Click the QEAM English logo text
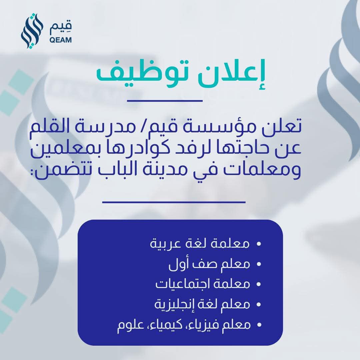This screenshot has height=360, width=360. tap(60, 40)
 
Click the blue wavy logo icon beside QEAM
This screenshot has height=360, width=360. tap(32, 31)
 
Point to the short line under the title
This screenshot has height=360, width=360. tap(165, 100)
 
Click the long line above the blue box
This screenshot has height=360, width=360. tap(174, 202)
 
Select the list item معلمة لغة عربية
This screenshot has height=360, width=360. tap(200, 243)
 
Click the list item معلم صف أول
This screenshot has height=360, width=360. tap(209, 264)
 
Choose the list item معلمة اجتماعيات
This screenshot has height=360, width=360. tap(203, 284)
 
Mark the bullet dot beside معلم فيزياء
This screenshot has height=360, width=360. tap(259, 325)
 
